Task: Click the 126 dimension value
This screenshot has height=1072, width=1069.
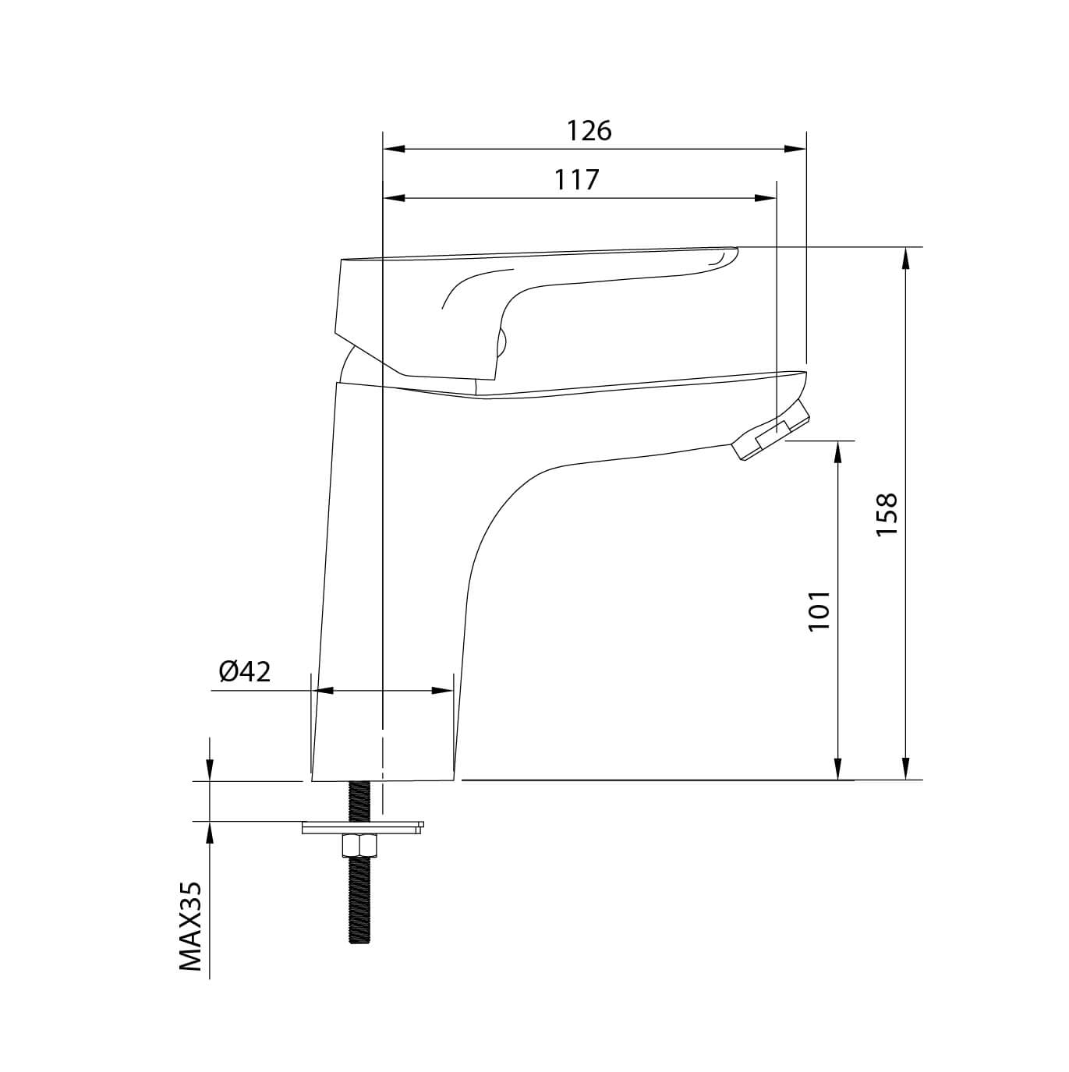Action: [x=589, y=131]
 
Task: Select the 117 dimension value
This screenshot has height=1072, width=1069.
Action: [x=576, y=179]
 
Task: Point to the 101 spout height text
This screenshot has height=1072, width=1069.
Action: [x=819, y=610]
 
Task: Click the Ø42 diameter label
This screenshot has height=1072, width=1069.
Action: [x=245, y=671]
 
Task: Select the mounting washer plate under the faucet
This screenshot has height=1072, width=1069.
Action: [x=363, y=828]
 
